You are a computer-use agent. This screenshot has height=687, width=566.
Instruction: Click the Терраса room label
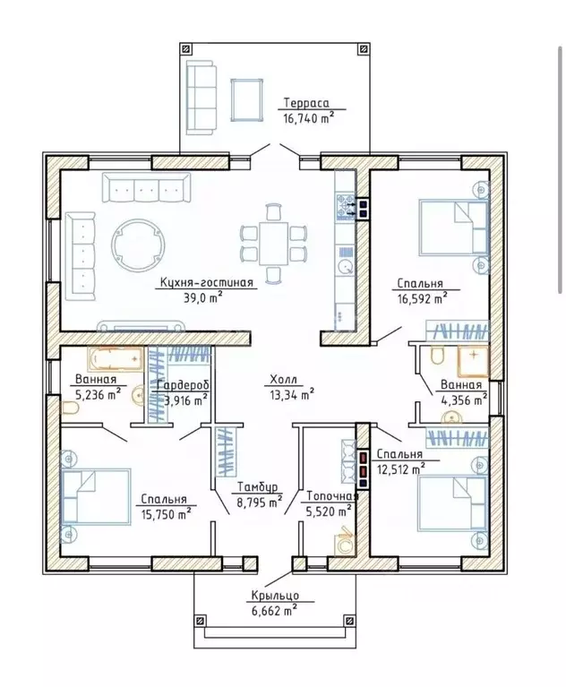pos(306,103)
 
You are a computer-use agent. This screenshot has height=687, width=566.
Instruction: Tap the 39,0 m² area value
pos(203,297)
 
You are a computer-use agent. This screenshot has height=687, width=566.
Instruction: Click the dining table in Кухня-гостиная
pos(273,243)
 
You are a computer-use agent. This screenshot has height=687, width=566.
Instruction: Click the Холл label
pos(283,380)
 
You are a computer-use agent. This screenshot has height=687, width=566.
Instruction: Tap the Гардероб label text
pos(183,385)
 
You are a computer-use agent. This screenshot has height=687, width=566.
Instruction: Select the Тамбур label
pos(258,487)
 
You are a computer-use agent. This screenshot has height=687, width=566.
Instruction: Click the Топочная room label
pos(332,496)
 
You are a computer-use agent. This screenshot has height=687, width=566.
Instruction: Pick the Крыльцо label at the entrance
pos(275,596)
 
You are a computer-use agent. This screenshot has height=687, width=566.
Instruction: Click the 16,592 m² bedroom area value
pos(423,298)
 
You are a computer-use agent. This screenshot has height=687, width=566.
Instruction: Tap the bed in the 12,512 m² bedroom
pos(453,503)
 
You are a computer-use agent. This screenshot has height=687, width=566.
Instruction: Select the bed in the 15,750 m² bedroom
pos(96,496)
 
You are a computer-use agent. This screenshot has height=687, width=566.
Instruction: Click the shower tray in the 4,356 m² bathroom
pos(473,361)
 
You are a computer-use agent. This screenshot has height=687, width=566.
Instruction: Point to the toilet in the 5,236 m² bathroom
pos(70,408)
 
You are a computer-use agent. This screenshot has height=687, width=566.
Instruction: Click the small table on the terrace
pos(247,99)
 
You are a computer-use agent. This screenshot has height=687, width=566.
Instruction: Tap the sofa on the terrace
pos(202,97)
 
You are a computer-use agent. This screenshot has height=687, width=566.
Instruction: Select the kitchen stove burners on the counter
pos(346,207)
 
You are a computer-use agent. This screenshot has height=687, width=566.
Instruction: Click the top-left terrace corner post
pos(186,49)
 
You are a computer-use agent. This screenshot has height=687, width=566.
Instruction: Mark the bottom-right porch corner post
pos(349,621)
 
